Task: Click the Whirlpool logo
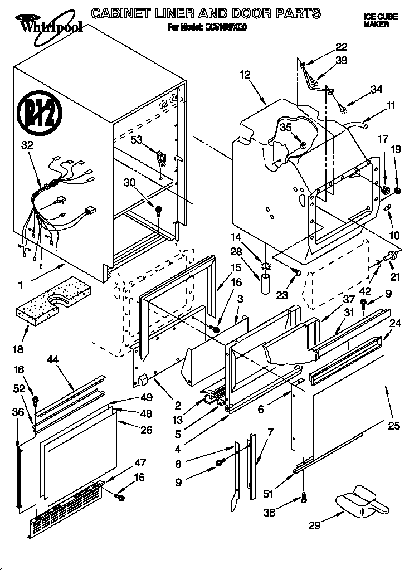pos(44,23)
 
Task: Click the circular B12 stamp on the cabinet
pos(37,111)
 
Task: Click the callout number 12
pos(246,74)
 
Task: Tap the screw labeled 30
pos(159,211)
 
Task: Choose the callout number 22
pos(341,47)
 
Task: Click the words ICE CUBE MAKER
pos(380,21)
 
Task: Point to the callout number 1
pos(21,285)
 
